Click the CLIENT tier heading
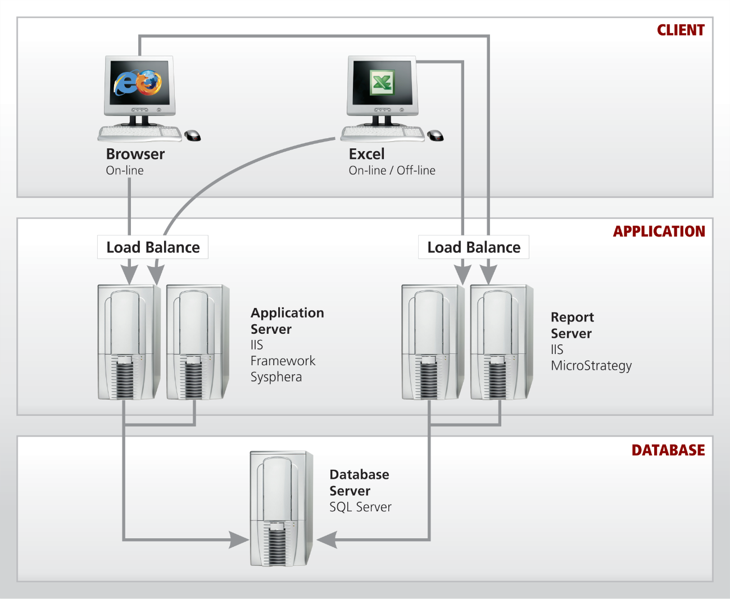(x=681, y=30)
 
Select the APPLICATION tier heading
(x=659, y=232)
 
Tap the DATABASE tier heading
(x=668, y=450)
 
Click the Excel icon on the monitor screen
(x=382, y=83)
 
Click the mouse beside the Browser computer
(x=193, y=135)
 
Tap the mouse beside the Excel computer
(x=436, y=135)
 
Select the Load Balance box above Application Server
(x=153, y=247)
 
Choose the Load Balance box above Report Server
(x=474, y=247)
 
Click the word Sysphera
(x=276, y=377)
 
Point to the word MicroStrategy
(x=591, y=366)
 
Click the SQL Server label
(x=360, y=507)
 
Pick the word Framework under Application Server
(x=283, y=361)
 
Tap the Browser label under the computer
(x=135, y=154)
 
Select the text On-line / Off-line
(x=392, y=170)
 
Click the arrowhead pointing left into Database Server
(x=326, y=540)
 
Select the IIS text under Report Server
(x=557, y=350)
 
